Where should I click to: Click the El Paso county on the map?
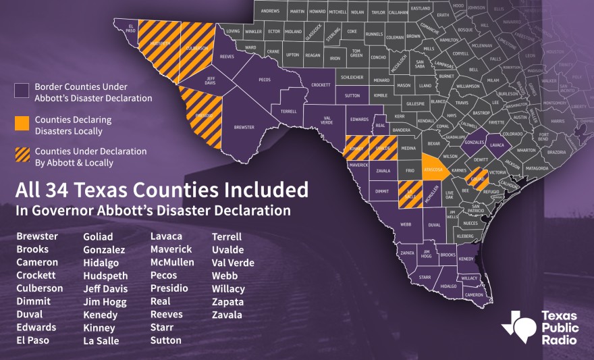tap(130, 30)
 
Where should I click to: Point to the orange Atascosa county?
tap(432, 169)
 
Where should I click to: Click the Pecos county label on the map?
tap(265, 80)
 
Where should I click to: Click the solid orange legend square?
tap(22, 123)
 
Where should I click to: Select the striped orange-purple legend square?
tap(22, 153)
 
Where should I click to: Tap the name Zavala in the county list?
tap(227, 315)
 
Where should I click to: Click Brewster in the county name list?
tap(36, 236)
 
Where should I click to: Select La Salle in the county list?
tap(101, 340)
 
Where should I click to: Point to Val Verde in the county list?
tap(233, 263)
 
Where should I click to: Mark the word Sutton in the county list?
tap(166, 340)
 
